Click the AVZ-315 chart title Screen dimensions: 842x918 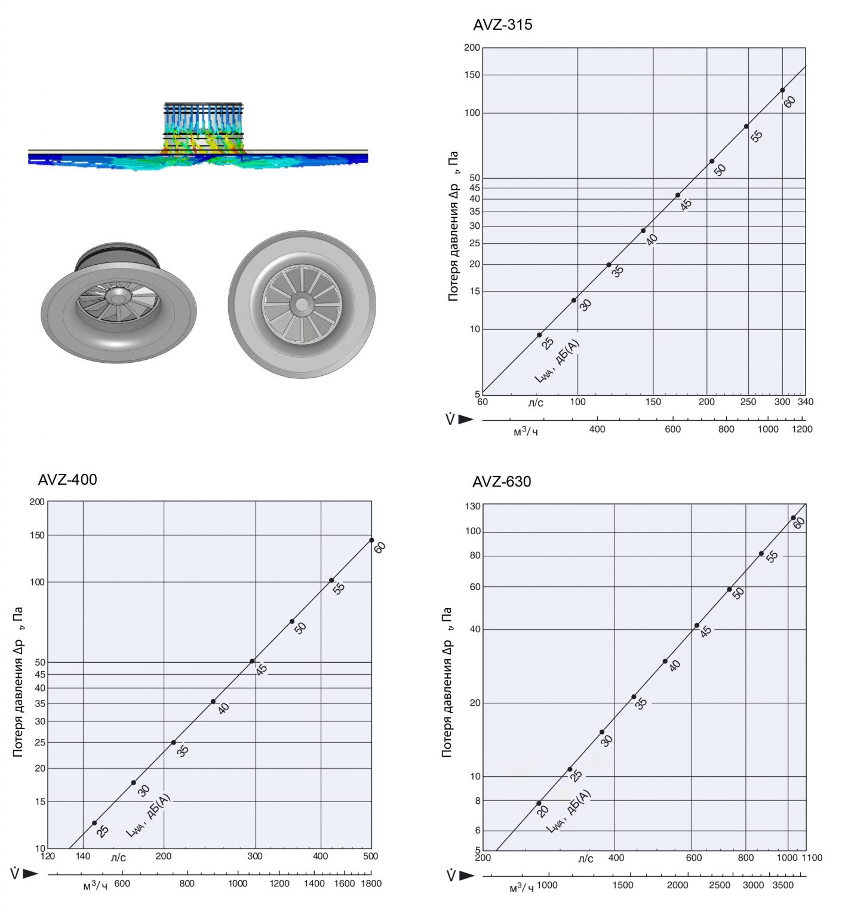pyautogui.click(x=502, y=25)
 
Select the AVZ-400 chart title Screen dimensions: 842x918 pyautogui.click(x=67, y=480)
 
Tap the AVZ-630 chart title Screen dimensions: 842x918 pyautogui.click(x=502, y=482)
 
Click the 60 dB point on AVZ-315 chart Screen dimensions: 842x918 pyautogui.click(x=782, y=90)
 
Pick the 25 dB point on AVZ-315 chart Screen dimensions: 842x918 pyautogui.click(x=539, y=335)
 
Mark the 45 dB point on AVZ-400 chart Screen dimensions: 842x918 pyautogui.click(x=252, y=661)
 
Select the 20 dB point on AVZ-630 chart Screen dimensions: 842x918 pyautogui.click(x=539, y=803)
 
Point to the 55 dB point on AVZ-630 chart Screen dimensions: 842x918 pyautogui.click(x=761, y=553)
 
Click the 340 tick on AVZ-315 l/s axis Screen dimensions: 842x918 pyautogui.click(x=806, y=402)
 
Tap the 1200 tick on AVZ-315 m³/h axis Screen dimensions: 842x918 pyautogui.click(x=802, y=429)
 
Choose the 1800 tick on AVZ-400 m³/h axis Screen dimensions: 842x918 pyautogui.click(x=371, y=883)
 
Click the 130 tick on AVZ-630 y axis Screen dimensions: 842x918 pyautogui.click(x=473, y=506)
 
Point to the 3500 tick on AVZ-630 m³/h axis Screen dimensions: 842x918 pyautogui.click(x=783, y=885)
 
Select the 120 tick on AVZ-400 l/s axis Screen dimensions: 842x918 pyautogui.click(x=48, y=856)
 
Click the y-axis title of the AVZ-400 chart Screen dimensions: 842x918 pyautogui.click(x=18, y=682)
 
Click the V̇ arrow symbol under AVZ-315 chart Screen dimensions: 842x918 pyautogui.click(x=459, y=419)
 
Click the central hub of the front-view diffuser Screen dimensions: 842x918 pyautogui.click(x=302, y=305)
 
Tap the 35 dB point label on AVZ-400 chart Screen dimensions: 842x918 pyautogui.click(x=183, y=751)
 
